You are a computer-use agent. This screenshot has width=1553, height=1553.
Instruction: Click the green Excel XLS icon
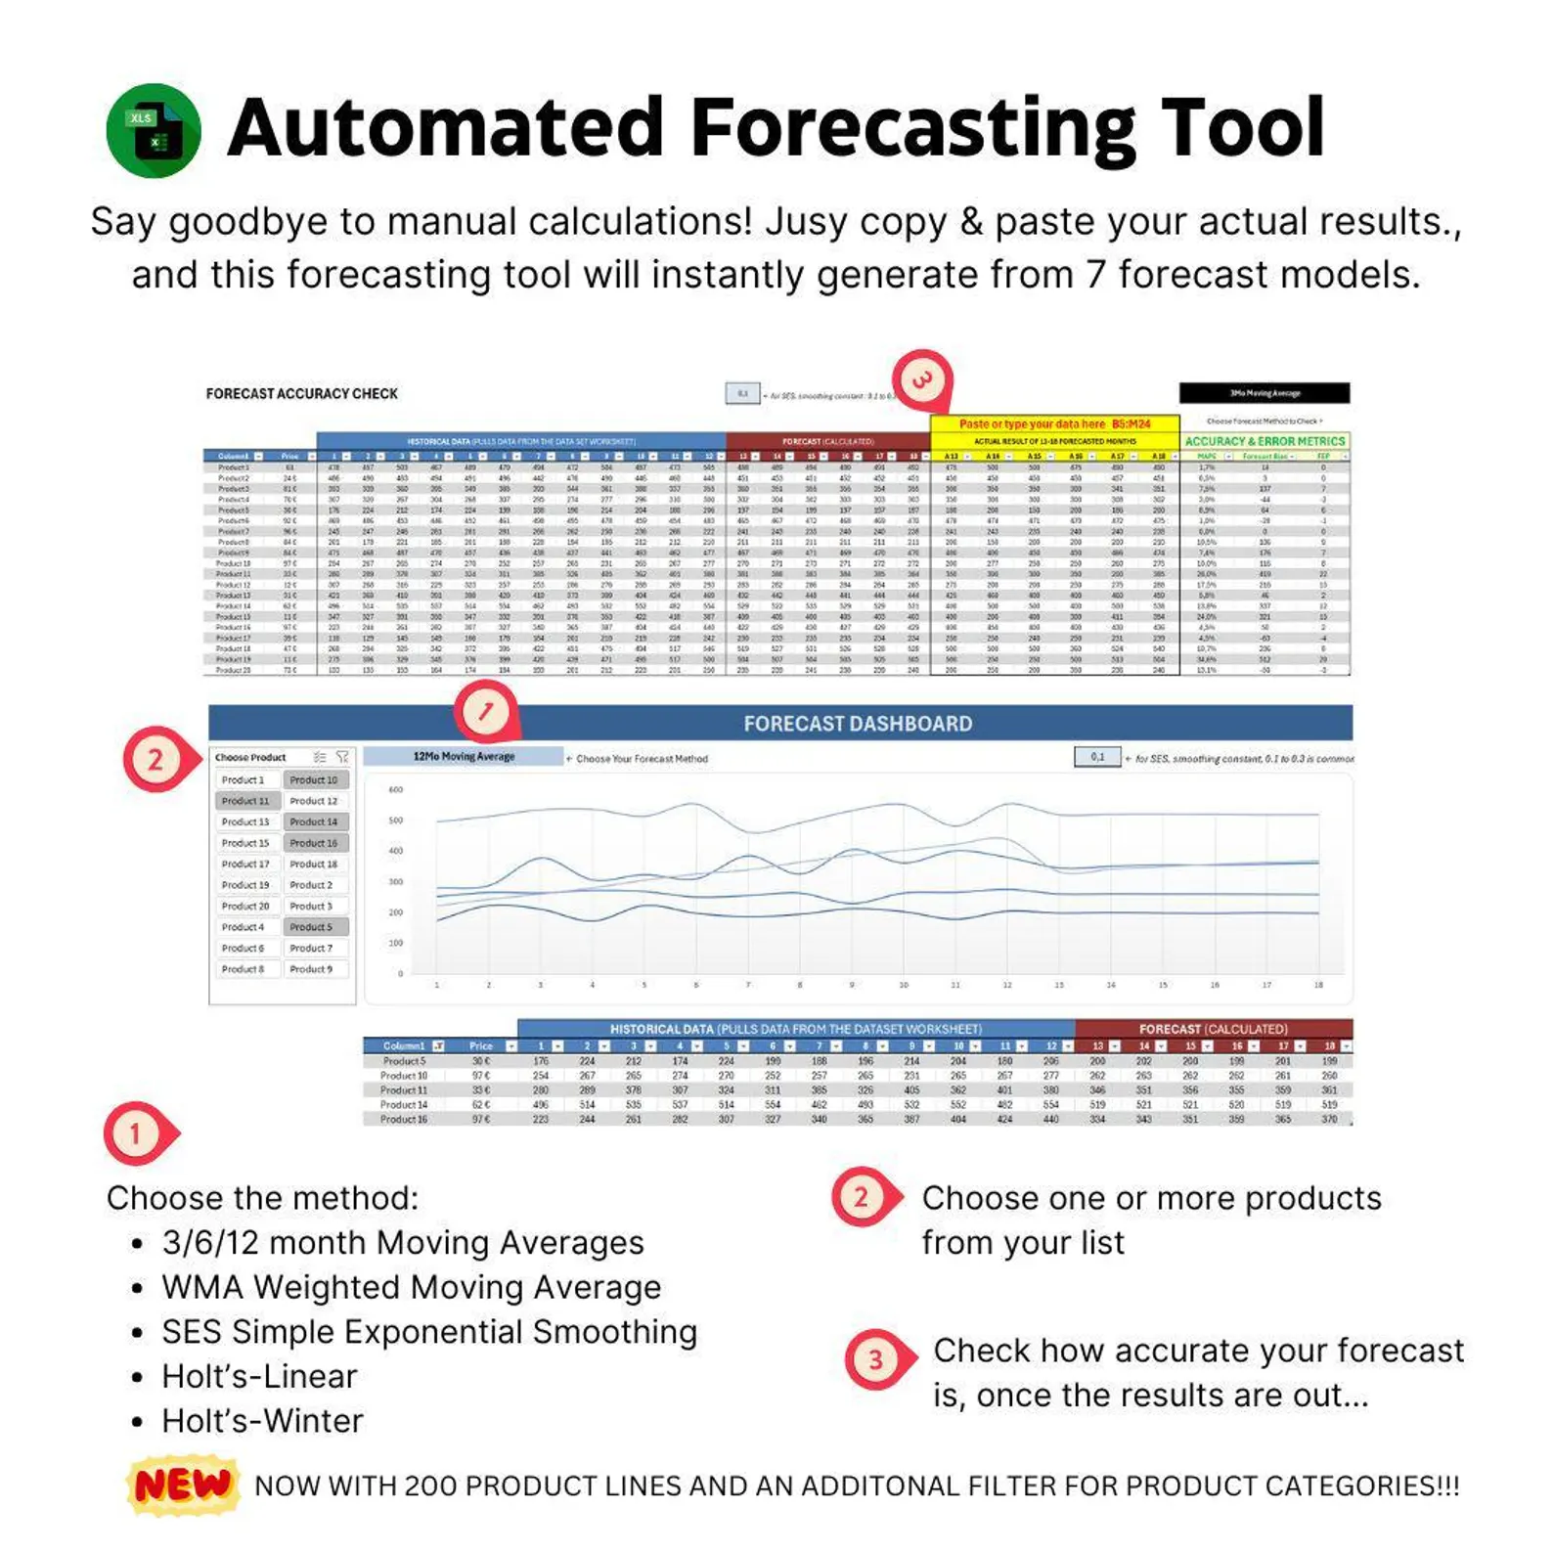(x=154, y=131)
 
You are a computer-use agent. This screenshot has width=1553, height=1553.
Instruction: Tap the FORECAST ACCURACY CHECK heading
(x=301, y=394)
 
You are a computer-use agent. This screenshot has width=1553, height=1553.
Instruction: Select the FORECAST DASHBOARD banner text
(x=858, y=724)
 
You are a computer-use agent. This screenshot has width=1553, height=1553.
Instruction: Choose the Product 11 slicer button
(x=245, y=801)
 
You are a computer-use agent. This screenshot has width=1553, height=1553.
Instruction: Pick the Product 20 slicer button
(x=245, y=907)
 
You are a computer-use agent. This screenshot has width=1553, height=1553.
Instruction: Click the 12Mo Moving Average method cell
(x=464, y=757)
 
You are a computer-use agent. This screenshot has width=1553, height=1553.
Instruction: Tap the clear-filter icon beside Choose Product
(x=342, y=757)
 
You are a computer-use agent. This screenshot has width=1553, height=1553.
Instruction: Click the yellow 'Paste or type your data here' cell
(x=1054, y=424)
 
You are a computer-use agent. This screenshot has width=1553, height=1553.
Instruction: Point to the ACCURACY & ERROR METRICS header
(x=1265, y=441)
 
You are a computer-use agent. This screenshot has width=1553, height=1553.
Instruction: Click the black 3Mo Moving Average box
(x=1265, y=393)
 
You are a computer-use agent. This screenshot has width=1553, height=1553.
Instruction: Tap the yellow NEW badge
(x=183, y=1486)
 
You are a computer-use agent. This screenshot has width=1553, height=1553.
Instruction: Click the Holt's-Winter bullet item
(x=262, y=1421)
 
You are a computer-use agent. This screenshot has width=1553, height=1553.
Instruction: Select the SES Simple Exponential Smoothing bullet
(x=429, y=1332)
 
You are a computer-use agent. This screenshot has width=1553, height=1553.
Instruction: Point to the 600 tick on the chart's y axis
(x=396, y=789)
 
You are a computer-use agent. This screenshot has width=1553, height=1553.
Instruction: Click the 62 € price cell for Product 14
(x=481, y=1105)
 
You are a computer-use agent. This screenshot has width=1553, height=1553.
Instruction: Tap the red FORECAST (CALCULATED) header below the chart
(x=1213, y=1029)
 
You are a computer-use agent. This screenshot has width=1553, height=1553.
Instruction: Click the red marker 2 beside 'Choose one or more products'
(x=862, y=1197)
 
